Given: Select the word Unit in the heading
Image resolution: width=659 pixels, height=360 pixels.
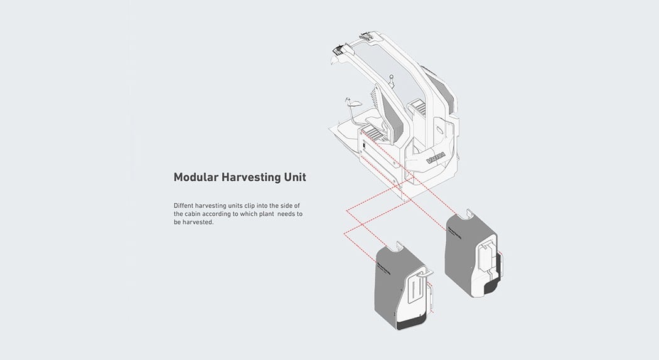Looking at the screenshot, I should click(296, 177).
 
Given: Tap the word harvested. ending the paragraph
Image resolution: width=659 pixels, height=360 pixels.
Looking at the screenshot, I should click(200, 222).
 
